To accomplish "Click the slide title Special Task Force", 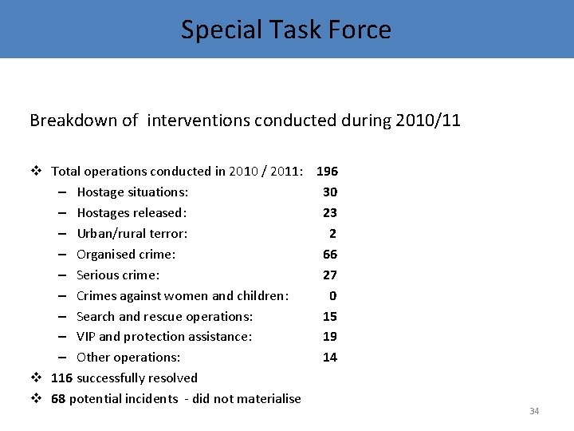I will click(286, 30).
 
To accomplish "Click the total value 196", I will click(327, 171).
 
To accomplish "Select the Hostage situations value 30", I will click(330, 192).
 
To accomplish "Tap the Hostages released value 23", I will click(330, 212).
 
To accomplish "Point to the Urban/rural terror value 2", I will click(332, 233).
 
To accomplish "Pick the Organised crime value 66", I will click(330, 254).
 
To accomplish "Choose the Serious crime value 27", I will click(330, 275).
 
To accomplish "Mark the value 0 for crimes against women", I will click(332, 295).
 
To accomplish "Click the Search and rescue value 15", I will click(330, 316).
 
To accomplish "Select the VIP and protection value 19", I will click(330, 337).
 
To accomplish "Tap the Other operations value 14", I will click(330, 358).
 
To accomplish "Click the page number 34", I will click(534, 411).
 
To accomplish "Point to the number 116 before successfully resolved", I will click(62, 378).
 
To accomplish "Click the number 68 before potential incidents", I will click(58, 398).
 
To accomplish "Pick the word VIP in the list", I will click(87, 337).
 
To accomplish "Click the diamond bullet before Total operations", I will click(36, 171).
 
